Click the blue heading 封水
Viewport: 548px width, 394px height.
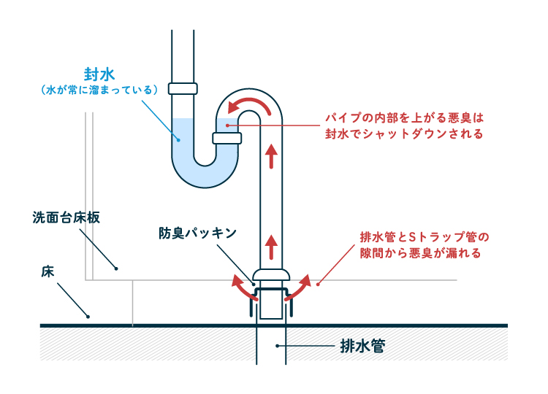99,73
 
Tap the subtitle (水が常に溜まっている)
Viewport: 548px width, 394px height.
99,90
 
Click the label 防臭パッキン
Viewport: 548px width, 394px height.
197,233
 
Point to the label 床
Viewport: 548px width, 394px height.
46,271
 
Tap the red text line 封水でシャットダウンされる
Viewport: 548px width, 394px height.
405,134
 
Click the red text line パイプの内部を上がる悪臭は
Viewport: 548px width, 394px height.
405,117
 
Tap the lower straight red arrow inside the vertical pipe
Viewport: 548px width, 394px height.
272,246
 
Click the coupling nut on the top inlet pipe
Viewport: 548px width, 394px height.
183,88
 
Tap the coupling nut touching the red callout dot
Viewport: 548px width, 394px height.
226,137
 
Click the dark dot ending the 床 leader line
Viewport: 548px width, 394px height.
88,317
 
